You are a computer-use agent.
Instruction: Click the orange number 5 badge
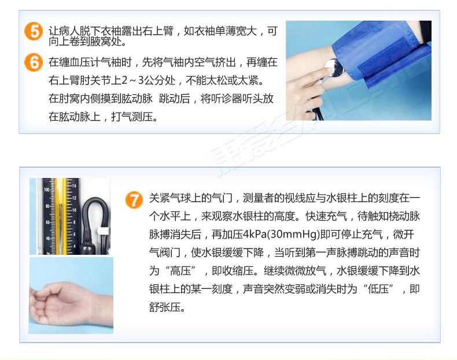35,32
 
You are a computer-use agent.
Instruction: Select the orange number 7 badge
134,200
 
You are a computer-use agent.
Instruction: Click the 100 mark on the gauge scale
47,189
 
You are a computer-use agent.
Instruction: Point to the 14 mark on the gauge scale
74,186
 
